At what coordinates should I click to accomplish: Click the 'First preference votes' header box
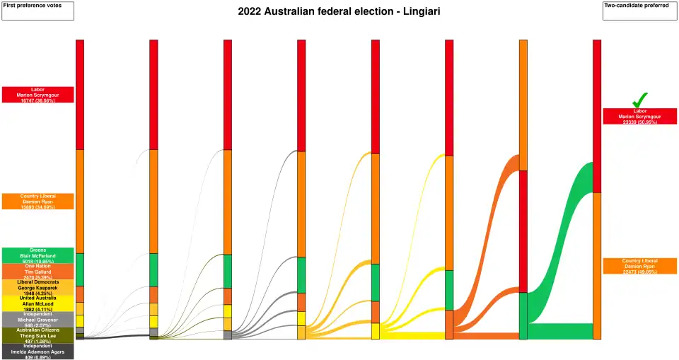coord(37,11)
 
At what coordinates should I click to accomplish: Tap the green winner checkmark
coord(639,100)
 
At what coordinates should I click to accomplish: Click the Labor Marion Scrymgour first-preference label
coord(37,95)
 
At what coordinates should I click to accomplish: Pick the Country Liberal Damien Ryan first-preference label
coord(37,201)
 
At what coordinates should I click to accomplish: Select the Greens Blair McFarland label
coord(37,255)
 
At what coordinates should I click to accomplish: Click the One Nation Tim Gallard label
coord(37,272)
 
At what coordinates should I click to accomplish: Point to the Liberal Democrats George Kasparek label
coord(37,287)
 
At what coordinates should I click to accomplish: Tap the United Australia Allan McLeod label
coord(37,303)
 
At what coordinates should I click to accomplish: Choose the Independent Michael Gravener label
coord(37,320)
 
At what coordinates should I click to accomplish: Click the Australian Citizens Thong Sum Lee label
coord(37,335)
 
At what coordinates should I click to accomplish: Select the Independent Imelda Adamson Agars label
coord(37,352)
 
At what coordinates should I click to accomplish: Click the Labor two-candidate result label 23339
coord(639,116)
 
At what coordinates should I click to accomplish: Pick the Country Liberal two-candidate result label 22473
coord(639,266)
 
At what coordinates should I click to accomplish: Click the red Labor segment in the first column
coord(80,94)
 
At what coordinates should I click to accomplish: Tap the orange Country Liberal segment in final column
coord(597,265)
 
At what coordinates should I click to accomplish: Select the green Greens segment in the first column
coord(80,269)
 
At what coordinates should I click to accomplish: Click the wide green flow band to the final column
coord(559,248)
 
